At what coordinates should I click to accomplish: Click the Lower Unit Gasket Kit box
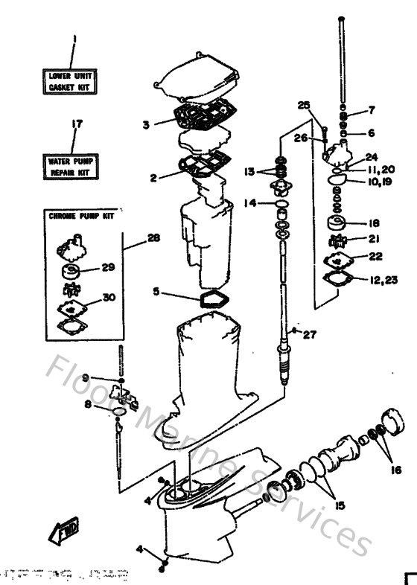point(74,82)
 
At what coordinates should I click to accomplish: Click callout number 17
point(74,124)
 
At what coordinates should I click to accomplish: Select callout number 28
point(153,238)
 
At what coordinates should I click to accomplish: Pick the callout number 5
point(156,292)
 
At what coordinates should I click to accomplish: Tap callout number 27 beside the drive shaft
point(309,334)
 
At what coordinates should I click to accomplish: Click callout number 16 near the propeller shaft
point(394,470)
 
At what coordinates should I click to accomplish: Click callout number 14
point(250,202)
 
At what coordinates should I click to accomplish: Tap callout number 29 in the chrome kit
point(108,267)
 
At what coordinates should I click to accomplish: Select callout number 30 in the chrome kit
point(109,298)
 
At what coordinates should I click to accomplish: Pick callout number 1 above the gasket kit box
point(74,40)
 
